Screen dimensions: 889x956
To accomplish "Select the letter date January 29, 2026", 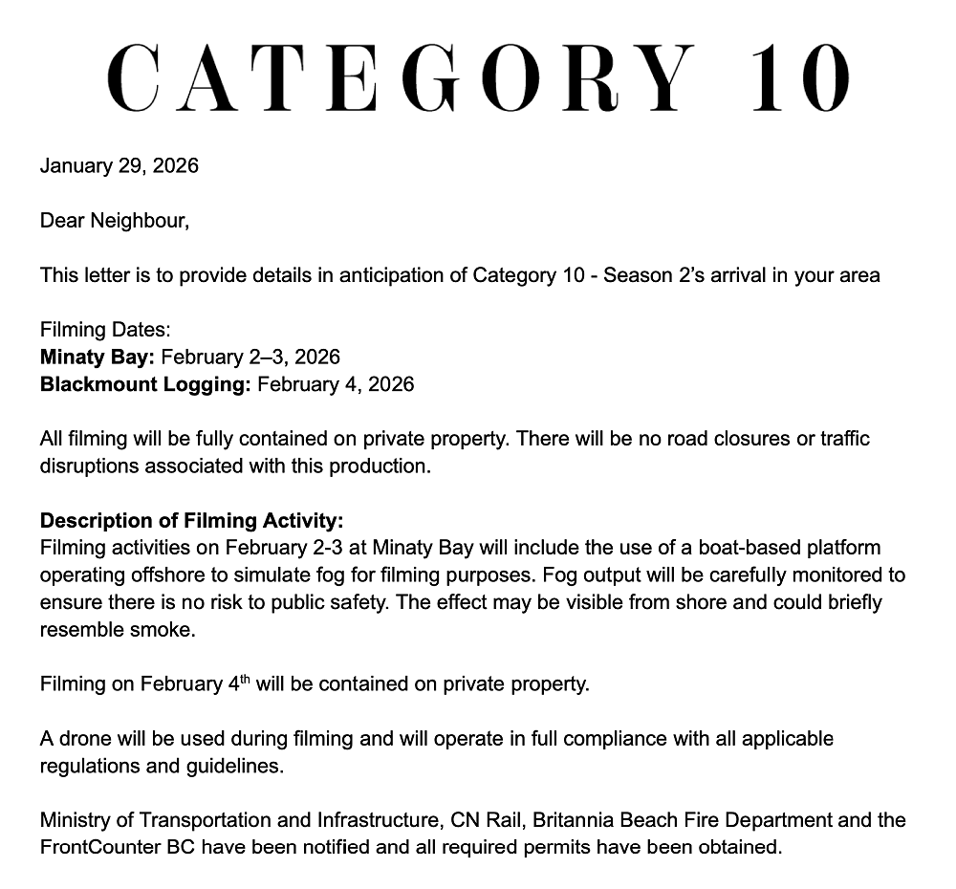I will click(119, 165).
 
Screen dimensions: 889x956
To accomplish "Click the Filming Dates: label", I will click(105, 330).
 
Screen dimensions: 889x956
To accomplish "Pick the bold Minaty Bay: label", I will click(98, 358).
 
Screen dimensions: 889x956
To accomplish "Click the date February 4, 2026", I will click(336, 384).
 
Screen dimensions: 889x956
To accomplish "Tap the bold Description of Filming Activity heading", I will click(191, 521).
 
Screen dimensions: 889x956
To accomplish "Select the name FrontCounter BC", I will click(117, 847).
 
